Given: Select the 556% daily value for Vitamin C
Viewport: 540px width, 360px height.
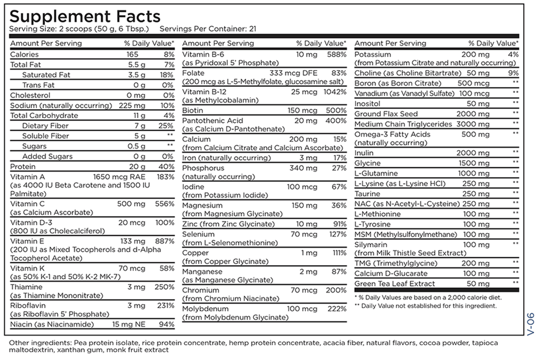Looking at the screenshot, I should pos(163,204).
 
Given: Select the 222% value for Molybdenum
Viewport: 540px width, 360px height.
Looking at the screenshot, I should pos(336,308).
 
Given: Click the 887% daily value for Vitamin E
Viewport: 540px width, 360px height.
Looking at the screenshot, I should pos(163,241).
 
